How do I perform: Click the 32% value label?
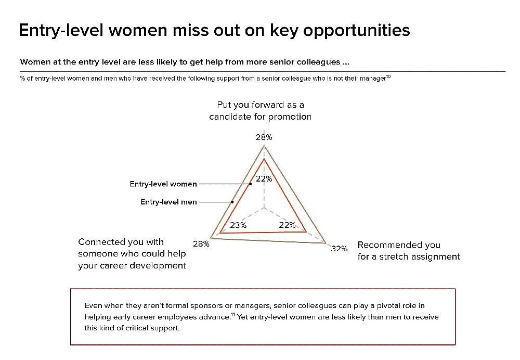click(339, 249)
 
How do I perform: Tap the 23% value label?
click(238, 225)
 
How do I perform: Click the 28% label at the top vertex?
click(264, 137)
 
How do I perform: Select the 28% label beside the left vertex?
click(201, 244)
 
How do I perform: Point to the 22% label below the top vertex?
click(264, 179)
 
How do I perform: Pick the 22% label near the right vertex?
click(287, 225)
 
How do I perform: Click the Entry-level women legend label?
click(163, 184)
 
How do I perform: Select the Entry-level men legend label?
click(168, 202)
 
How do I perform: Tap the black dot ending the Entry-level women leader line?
click(251, 184)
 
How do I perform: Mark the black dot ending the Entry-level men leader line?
click(232, 202)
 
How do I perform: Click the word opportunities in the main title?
click(357, 31)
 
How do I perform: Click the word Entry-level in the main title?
click(61, 31)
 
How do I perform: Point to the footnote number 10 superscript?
click(388, 76)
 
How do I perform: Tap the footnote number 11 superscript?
click(233, 315)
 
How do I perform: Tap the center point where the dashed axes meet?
click(264, 208)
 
